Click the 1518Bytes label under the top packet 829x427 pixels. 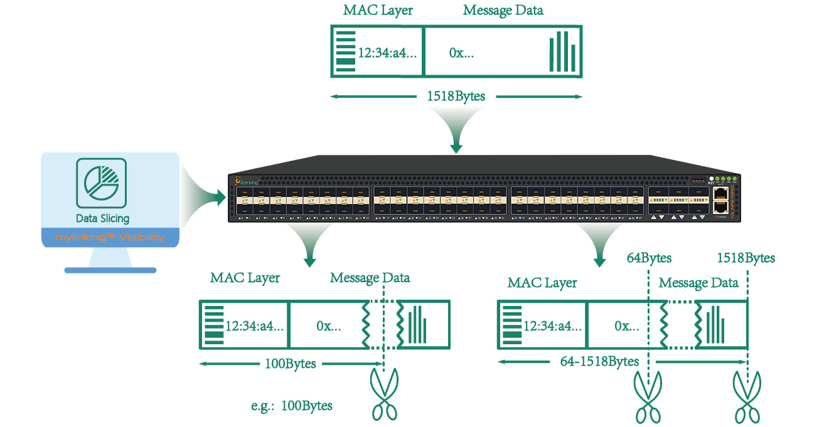456,97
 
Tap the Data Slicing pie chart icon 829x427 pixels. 101,183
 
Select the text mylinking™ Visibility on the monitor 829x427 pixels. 110,238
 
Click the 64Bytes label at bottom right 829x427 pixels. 649,258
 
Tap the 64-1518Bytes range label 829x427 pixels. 599,361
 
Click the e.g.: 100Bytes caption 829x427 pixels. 291,406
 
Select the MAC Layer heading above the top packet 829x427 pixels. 378,10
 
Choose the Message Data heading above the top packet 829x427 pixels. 503,10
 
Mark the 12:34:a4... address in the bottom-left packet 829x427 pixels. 255,326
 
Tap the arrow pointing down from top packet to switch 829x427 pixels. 456,145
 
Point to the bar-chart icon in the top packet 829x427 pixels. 562,51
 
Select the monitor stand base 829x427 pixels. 110,270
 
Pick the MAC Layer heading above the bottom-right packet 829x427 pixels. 542,283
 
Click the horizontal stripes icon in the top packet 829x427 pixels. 345,51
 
